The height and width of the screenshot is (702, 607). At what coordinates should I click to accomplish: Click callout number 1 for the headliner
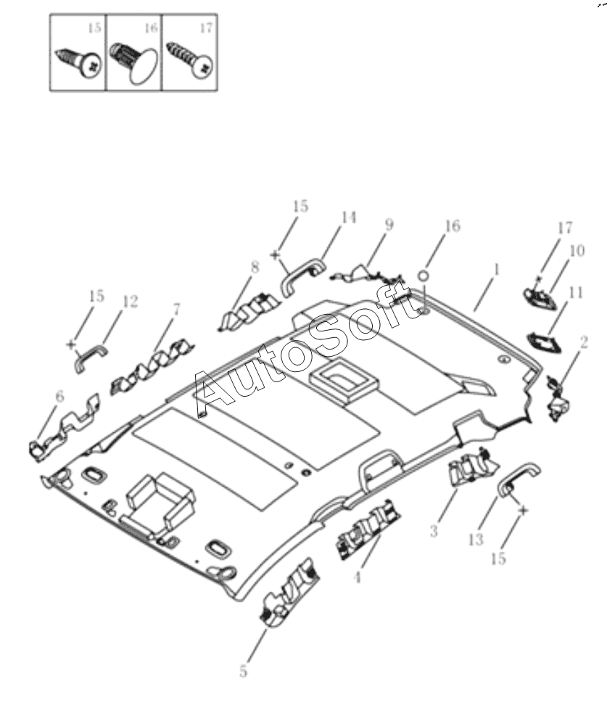click(496, 269)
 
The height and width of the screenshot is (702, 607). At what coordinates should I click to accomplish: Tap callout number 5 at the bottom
click(243, 672)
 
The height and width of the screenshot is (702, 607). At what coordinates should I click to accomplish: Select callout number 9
click(389, 225)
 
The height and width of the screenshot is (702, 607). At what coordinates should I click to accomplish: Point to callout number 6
click(59, 396)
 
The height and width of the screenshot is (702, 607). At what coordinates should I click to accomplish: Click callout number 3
click(434, 532)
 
